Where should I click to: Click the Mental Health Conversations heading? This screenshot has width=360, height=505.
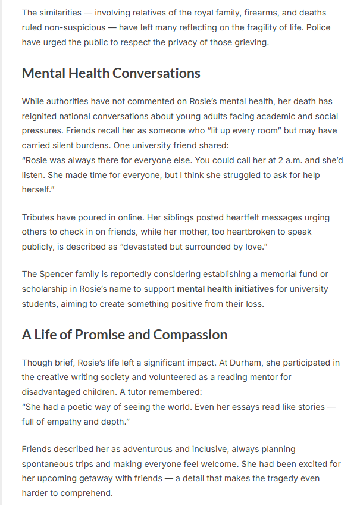[111, 73]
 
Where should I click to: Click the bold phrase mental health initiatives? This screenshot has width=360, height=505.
[226, 289]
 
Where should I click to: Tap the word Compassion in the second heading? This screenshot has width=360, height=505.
[190, 335]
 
